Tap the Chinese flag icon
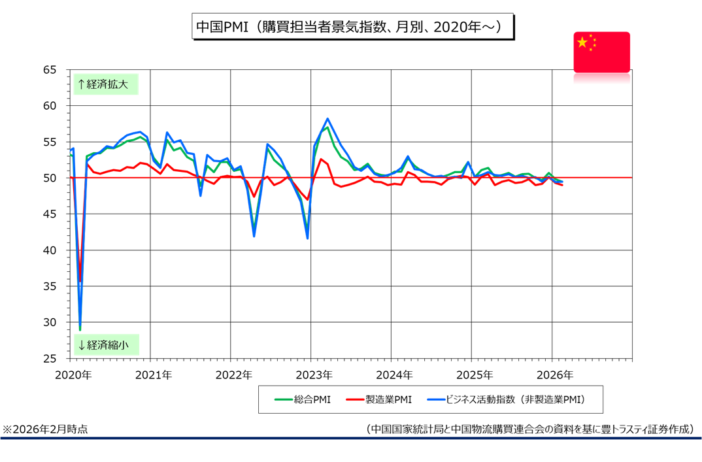click(601, 52)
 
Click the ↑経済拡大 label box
click(105, 84)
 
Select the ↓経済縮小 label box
click(105, 344)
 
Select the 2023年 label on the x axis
click(314, 375)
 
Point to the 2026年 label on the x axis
click(554, 375)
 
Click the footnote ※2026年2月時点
click(45, 429)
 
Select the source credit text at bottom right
click(530, 429)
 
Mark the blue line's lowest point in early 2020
click(80, 329)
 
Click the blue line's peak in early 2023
click(327, 119)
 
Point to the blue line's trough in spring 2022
click(254, 236)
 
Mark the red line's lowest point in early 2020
click(80, 281)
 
